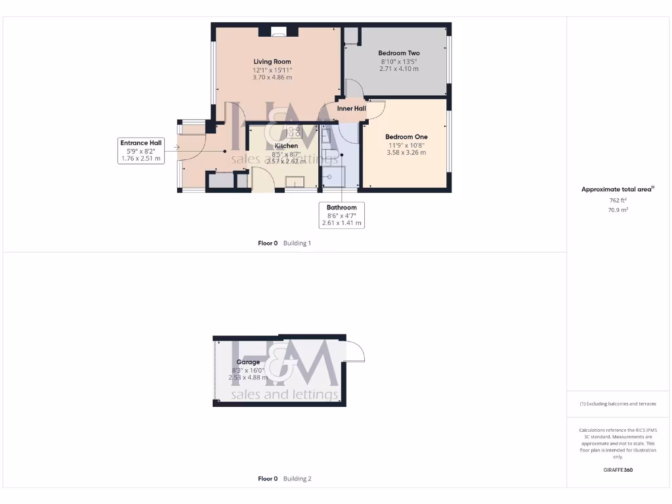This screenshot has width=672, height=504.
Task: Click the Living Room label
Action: coord(272,62)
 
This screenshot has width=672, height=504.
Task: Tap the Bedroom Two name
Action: coord(399,53)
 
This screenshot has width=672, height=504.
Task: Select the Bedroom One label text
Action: coord(406,137)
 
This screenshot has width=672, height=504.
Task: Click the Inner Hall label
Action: coord(351,108)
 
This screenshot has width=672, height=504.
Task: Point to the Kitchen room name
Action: coord(286,146)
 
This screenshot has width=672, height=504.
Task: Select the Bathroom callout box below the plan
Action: coord(341,215)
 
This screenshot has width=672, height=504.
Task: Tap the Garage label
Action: coord(248,362)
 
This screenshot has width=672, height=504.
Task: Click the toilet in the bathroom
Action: coord(330,155)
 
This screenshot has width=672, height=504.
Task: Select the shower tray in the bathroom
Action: coord(333,175)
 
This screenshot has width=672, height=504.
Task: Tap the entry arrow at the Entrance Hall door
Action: coord(177,147)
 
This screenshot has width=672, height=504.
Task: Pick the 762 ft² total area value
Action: coord(618,201)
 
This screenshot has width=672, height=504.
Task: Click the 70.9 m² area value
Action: coord(618,210)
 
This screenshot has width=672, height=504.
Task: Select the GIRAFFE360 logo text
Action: coord(618,470)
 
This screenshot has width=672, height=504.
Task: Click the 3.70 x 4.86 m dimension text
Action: coord(272,77)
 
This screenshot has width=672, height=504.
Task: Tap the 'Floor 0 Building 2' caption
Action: coord(285,478)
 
